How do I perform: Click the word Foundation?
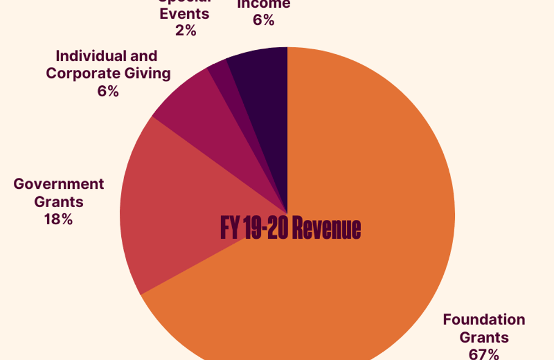coord(484,320)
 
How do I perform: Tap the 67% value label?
coord(484,354)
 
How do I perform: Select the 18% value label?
coord(58,219)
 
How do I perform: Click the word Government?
coord(58,184)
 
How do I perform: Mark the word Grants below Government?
coord(58,202)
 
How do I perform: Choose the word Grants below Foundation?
coord(484,337)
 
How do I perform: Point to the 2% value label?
coord(186,31)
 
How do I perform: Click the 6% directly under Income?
coord(263,21)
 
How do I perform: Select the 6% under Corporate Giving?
coord(108,91)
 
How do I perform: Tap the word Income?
coord(263,4)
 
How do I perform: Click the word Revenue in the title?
coord(326,228)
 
